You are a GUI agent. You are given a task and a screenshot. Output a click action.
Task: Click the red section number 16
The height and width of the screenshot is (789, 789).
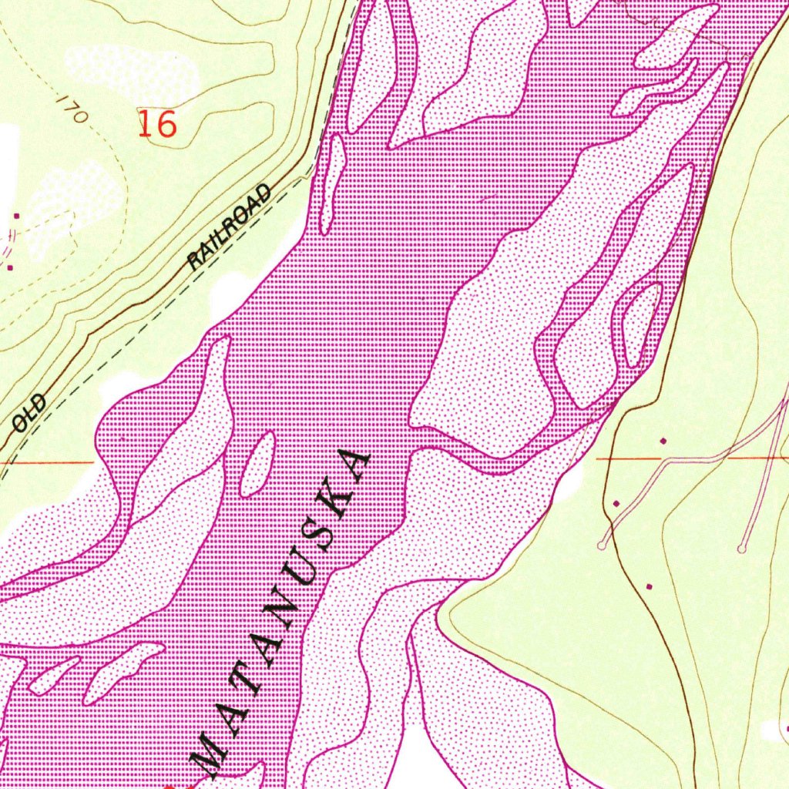(x=158, y=123)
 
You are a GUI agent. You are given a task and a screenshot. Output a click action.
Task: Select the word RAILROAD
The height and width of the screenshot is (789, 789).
(x=230, y=227)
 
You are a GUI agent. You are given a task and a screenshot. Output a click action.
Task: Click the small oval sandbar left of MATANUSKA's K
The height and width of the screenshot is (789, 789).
(x=257, y=464)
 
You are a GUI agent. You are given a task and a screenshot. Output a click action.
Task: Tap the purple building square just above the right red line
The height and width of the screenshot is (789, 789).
(x=663, y=441)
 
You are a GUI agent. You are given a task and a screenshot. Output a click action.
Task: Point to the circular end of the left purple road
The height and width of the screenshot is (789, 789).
(x=602, y=546)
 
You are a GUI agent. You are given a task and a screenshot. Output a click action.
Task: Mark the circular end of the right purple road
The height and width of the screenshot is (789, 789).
(x=741, y=549)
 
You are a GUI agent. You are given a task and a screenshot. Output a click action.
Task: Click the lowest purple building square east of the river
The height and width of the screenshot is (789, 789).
(x=649, y=586)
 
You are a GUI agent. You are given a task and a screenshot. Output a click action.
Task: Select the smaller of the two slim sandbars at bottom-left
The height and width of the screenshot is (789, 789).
(x=54, y=676)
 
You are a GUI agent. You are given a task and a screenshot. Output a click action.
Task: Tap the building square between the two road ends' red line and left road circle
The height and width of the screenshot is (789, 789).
(x=616, y=503)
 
